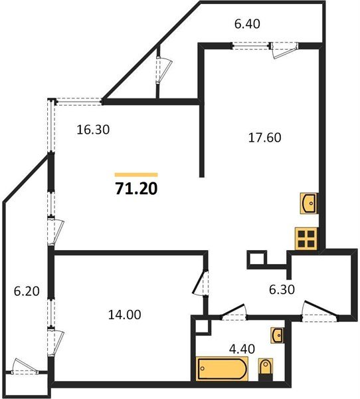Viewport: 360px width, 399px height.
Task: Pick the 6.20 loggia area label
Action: click(x=27, y=290)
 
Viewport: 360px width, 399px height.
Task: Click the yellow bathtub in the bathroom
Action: click(x=222, y=368)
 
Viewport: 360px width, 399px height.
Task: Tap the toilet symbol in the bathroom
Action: click(x=265, y=367)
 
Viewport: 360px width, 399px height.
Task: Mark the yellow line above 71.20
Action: click(x=136, y=174)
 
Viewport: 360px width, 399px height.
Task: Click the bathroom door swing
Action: click(x=232, y=309)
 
